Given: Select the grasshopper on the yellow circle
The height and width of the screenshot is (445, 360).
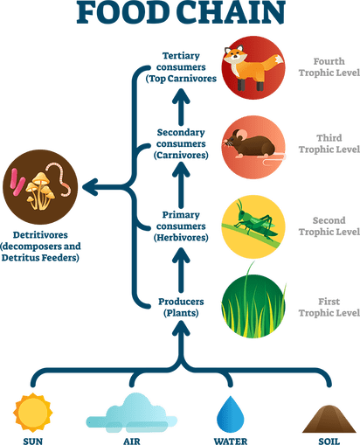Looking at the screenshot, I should pos(252,225).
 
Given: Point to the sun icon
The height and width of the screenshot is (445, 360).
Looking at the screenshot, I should pos(33,414).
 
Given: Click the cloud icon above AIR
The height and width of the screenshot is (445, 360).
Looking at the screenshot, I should pos(130,412).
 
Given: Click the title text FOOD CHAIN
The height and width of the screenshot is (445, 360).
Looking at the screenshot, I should pos(180,12).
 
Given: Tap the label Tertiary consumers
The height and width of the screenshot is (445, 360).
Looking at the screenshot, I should pos(181,63).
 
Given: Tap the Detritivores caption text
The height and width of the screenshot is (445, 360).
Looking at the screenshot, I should pos(41,246).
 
